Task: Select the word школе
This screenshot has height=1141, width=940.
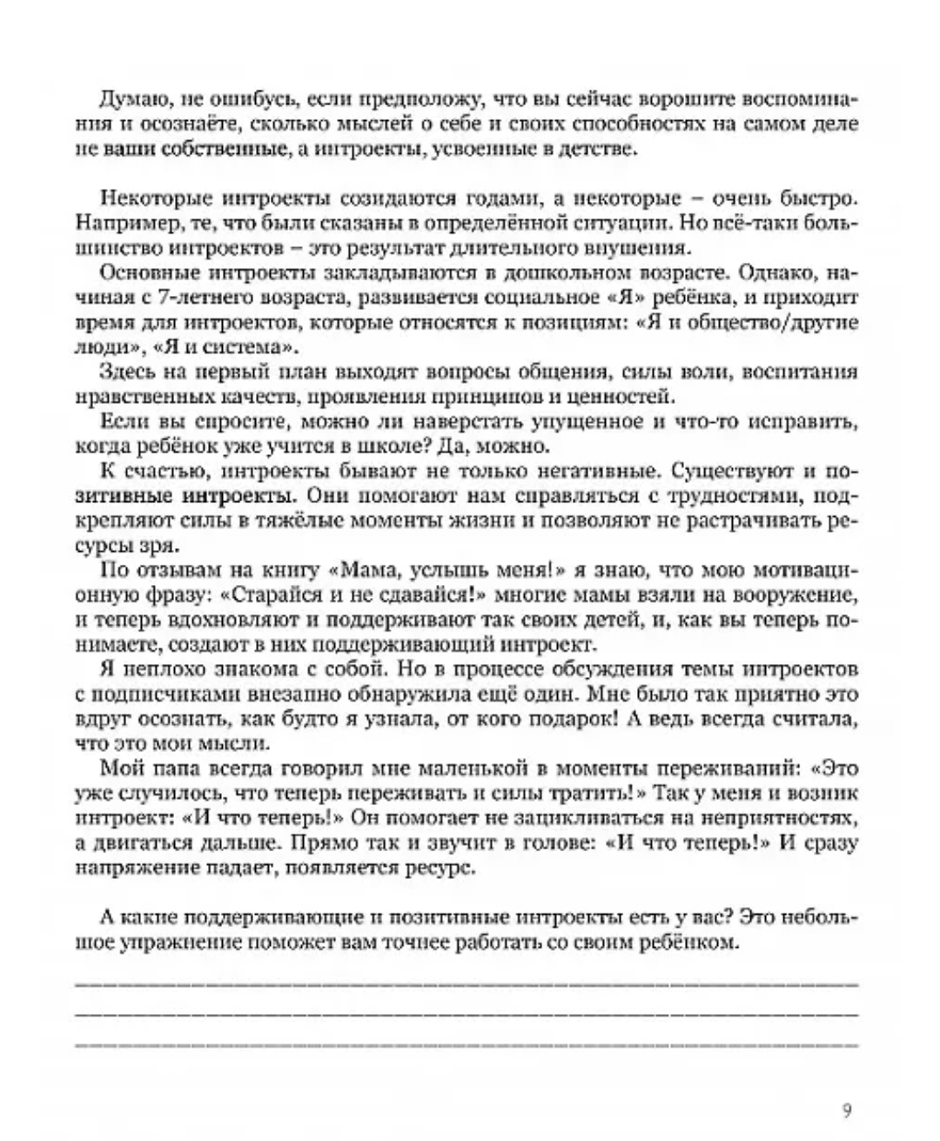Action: click(x=472, y=446)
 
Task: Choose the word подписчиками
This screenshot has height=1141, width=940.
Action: click(x=149, y=695)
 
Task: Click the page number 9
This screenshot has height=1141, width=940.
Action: click(x=848, y=1109)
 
